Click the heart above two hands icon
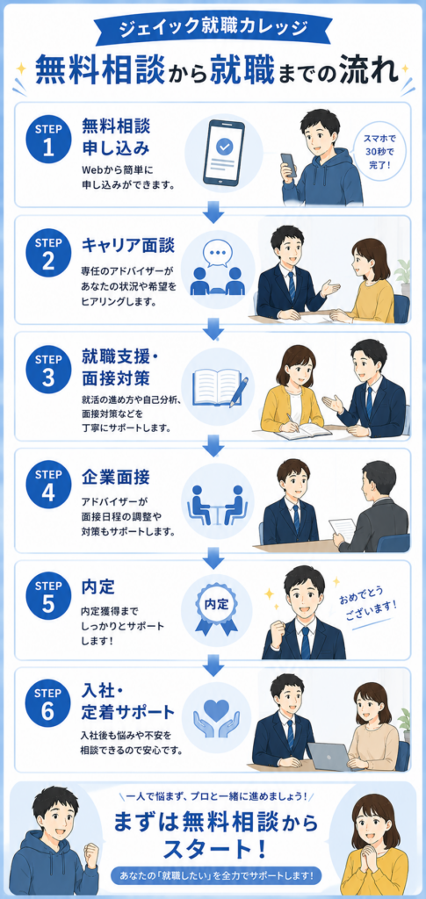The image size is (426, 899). (216, 714)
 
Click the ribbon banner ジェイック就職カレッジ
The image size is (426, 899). (213, 27)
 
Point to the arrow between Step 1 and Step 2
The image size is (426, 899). (213, 212)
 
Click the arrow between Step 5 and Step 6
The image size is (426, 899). (213, 664)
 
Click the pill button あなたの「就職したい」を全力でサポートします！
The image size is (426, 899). (217, 876)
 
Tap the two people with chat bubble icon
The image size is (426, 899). (216, 270)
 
